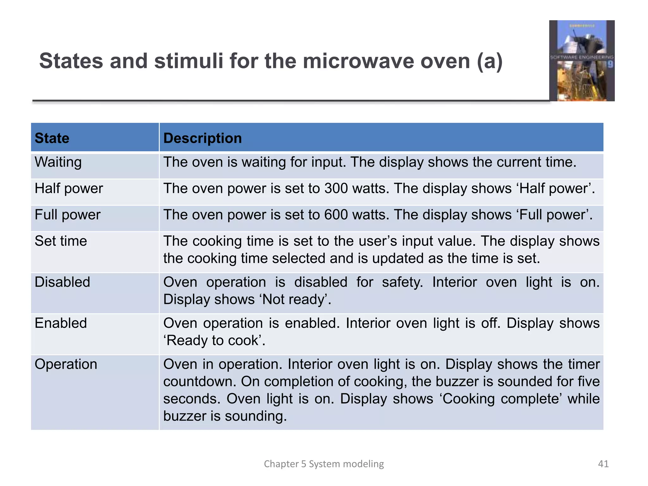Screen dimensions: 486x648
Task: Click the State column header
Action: click(52, 138)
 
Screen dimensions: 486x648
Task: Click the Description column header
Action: click(202, 138)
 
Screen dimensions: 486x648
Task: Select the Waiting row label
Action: click(58, 162)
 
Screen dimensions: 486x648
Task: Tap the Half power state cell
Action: click(69, 189)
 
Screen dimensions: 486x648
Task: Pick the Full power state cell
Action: click(67, 215)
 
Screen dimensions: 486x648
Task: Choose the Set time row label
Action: click(61, 241)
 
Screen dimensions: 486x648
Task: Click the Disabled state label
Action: click(62, 282)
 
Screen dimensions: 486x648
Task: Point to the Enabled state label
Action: click(61, 323)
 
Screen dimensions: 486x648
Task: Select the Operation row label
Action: click(66, 364)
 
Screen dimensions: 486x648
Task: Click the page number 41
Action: click(603, 464)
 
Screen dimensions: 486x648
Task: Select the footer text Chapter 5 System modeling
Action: click(324, 464)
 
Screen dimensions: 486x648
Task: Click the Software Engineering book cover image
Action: click(582, 61)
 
